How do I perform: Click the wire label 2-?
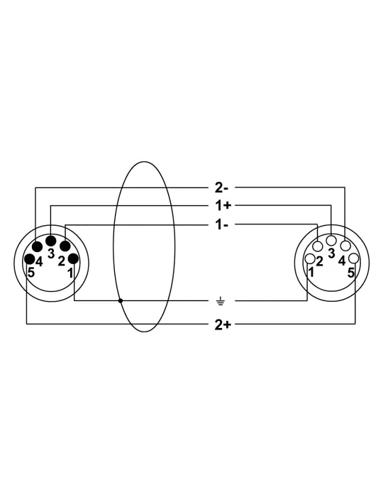click(221, 188)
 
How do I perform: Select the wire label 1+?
click(223, 206)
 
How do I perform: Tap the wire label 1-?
click(221, 225)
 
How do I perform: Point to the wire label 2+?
click(223, 325)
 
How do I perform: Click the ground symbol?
click(221, 301)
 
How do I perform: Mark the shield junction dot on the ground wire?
click(121, 300)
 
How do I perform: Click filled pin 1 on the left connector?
click(74, 258)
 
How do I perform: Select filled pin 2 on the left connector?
click(65, 246)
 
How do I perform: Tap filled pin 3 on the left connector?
click(50, 241)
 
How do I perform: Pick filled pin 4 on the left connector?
click(37, 246)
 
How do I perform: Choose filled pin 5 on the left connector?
click(30, 259)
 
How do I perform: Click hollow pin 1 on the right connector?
click(311, 258)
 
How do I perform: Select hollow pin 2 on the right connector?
click(318, 246)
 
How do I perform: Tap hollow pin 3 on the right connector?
click(331, 241)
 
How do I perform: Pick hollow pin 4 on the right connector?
click(345, 246)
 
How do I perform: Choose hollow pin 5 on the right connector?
click(353, 258)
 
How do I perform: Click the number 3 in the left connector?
click(51, 253)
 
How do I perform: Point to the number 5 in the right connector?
click(350, 273)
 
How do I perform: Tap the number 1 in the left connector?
click(70, 273)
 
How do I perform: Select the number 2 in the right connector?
click(319, 261)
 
